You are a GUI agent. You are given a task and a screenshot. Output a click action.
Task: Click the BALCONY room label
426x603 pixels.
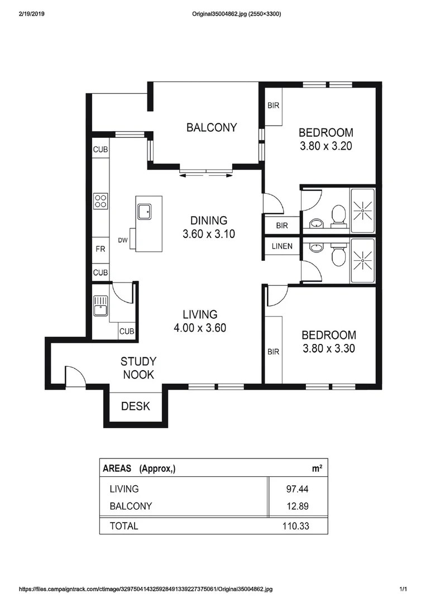(212, 127)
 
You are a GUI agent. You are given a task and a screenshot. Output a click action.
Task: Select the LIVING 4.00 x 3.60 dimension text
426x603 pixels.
(199, 328)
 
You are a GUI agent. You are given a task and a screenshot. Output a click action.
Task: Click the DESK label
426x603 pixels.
(136, 406)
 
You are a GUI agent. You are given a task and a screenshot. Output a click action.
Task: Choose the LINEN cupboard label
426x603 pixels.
(282, 246)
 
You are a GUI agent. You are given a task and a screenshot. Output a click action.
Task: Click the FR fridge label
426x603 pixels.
(100, 250)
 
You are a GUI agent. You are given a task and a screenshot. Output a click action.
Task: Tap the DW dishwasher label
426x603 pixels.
(123, 241)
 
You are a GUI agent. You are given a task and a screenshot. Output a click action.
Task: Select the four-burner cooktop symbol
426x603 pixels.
(100, 200)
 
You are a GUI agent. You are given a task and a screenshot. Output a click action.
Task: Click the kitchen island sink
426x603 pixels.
(145, 211)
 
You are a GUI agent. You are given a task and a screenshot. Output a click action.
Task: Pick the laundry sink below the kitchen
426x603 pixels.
(100, 306)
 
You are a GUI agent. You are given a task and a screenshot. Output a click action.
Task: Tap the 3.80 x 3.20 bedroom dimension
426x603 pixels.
(326, 147)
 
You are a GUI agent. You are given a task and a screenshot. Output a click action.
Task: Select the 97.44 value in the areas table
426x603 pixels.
(297, 489)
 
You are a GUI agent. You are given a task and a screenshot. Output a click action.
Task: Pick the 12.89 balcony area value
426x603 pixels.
(297, 506)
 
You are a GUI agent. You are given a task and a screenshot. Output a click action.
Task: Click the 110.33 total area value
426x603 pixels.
(296, 526)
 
